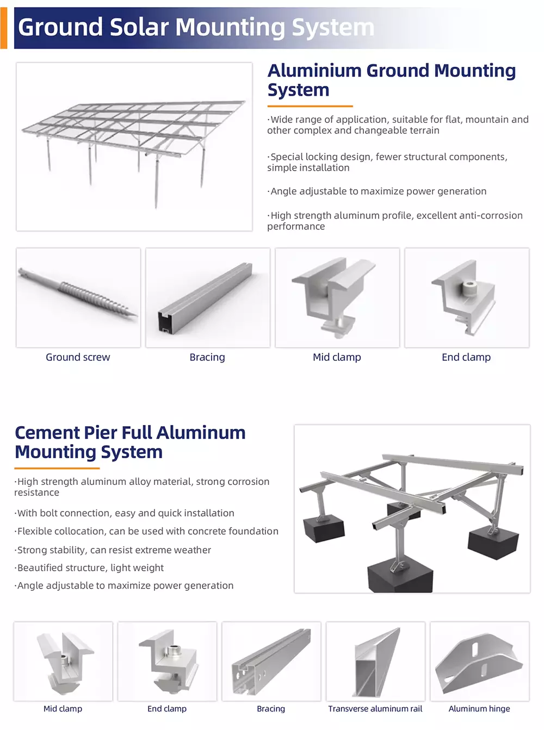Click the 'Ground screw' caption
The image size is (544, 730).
78,357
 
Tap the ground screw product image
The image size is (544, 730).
78,293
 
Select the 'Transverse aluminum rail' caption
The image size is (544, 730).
375,708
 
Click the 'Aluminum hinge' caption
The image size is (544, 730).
479,708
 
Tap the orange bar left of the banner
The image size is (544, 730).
4,28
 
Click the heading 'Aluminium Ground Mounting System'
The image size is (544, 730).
392,80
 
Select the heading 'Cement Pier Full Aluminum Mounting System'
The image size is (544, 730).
130,442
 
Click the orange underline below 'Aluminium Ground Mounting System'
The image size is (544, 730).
310,106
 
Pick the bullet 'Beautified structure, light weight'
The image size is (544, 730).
89,567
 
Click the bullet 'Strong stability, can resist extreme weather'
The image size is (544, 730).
113,550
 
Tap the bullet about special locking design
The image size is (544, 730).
387,162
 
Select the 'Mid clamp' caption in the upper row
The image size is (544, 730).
337,357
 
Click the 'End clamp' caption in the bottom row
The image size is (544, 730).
166,708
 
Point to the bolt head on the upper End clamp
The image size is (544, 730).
468,288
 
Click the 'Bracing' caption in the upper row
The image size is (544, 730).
207,357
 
